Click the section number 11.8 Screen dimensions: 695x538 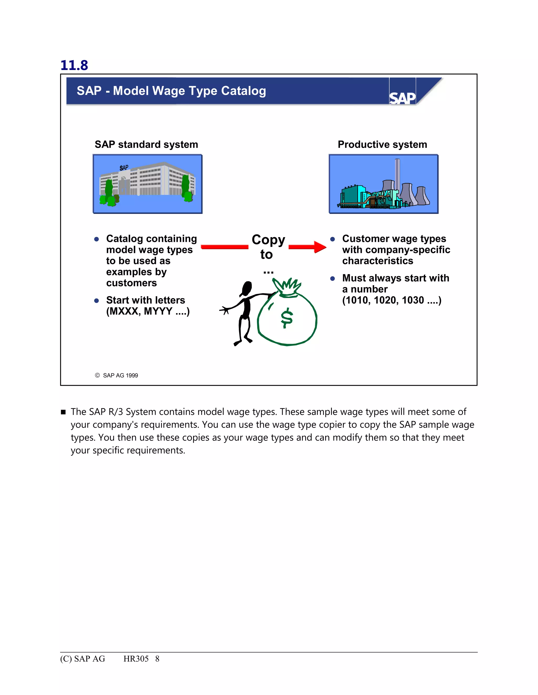(74, 65)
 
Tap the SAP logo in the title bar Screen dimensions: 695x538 (402, 98)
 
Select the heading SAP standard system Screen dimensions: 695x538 (146, 145)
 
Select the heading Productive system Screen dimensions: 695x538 (382, 145)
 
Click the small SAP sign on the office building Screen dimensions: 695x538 (124, 168)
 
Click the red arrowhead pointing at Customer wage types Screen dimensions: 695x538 (320, 247)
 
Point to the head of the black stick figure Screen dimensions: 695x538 (247, 288)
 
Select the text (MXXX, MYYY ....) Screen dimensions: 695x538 (148, 311)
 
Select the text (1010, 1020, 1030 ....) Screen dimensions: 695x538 (392, 300)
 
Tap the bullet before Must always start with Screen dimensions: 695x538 (332, 279)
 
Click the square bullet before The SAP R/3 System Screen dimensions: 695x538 (63, 412)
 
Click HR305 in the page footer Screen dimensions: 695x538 (136, 659)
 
